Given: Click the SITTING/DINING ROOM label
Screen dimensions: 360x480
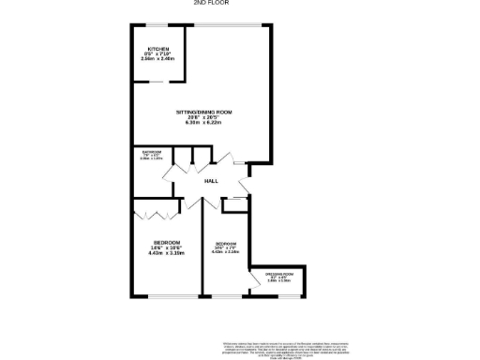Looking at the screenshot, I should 203,112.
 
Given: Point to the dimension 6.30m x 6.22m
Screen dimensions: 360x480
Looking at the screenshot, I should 203,123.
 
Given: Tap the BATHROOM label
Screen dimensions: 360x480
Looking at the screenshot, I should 152,152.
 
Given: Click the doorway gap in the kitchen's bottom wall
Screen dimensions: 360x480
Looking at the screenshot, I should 158,82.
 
